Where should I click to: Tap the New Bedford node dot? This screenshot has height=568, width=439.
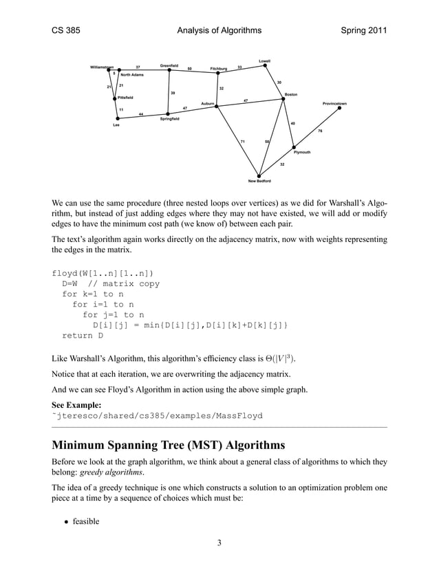click(x=259, y=175)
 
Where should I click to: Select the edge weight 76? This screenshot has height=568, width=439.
click(x=320, y=131)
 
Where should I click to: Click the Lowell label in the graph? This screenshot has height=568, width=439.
click(x=264, y=61)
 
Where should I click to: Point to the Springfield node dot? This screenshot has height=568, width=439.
click(x=168, y=114)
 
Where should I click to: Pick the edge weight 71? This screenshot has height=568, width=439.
click(x=242, y=142)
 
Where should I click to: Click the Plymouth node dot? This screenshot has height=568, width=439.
click(x=295, y=147)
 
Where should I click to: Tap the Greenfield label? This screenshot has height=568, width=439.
click(x=169, y=65)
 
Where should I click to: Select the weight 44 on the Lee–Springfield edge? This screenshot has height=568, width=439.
click(x=141, y=113)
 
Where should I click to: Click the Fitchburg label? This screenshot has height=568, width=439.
click(x=218, y=69)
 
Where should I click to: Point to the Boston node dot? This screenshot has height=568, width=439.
click(x=283, y=99)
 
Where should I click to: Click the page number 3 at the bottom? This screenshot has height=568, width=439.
click(x=219, y=544)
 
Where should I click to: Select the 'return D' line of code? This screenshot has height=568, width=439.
click(x=83, y=336)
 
